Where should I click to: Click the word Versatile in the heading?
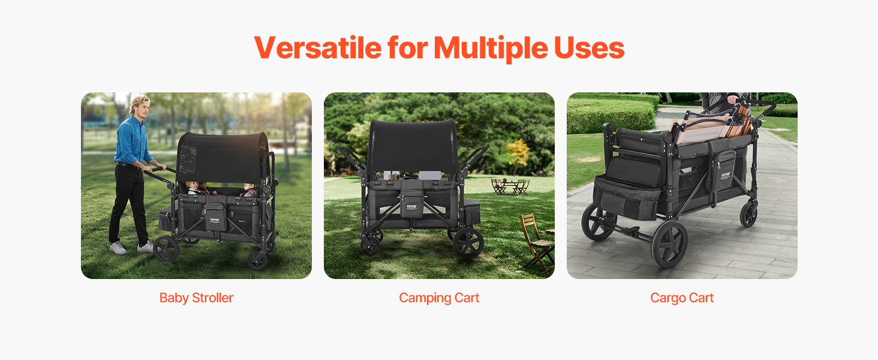318,48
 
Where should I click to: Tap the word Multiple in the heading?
490,49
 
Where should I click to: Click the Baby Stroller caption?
196,298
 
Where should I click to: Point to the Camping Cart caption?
439,298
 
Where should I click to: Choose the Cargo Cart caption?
682,298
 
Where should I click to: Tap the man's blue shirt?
133,140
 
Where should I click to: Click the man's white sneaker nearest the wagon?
145,247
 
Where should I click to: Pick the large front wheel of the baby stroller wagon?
166,248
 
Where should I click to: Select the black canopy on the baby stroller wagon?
222,157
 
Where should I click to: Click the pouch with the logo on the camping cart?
411,204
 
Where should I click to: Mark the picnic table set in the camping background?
510,187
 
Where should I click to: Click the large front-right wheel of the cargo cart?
669,244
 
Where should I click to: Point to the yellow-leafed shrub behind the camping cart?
518,154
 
